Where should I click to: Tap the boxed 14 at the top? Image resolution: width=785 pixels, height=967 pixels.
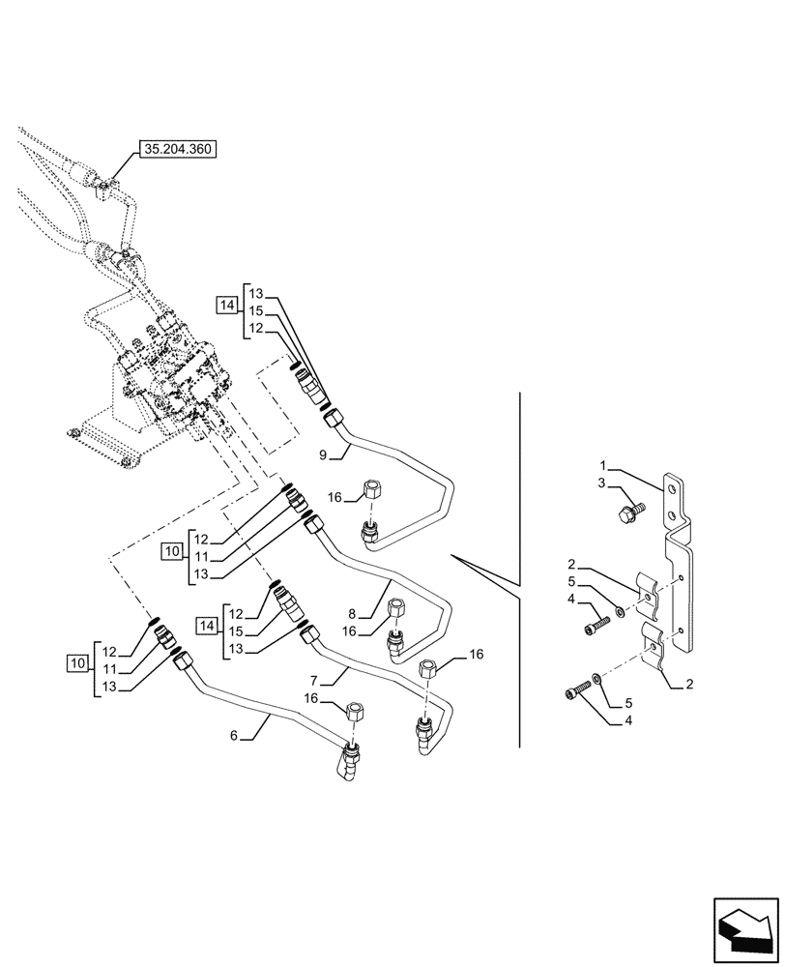(227, 306)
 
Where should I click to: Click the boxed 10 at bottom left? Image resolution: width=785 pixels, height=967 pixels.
(76, 663)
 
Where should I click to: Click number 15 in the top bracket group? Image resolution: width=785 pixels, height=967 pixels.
(256, 310)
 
